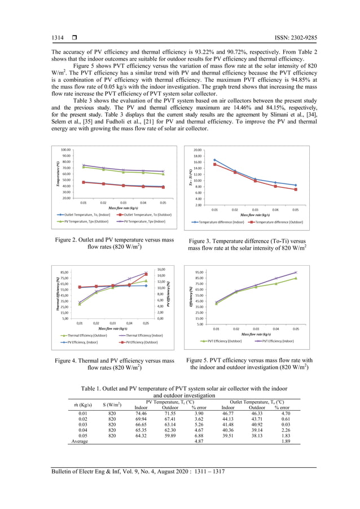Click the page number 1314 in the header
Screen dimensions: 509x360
tap(58, 38)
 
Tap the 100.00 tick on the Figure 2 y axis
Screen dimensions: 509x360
tap(65, 150)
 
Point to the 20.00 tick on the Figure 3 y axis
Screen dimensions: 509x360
tap(197, 150)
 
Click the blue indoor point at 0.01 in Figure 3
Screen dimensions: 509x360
tap(214, 160)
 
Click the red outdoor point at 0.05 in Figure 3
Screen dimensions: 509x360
tap(295, 190)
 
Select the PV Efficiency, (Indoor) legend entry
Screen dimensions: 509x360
tap(82, 342)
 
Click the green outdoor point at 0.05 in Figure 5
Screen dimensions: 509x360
tap(295, 278)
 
